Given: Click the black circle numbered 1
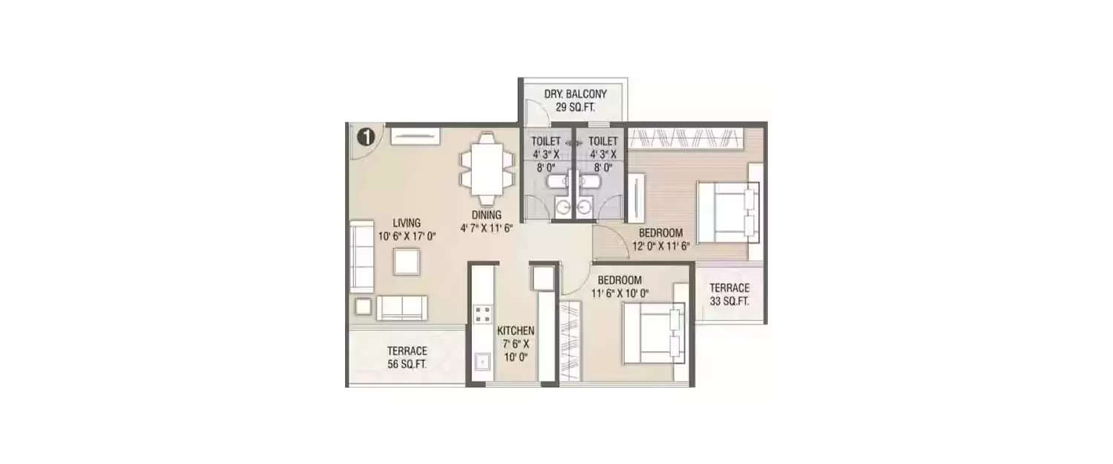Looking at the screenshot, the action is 367,137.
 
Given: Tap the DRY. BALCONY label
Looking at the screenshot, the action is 575,94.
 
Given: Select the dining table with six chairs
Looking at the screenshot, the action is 487,168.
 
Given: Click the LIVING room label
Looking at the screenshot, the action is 407,223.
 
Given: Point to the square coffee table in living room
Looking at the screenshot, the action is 407,261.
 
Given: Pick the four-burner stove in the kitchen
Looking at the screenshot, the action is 482,314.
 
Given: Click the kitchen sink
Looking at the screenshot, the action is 482,362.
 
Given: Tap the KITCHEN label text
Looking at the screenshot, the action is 516,330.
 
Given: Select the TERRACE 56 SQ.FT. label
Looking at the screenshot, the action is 407,358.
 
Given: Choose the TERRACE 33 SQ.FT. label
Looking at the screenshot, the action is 729,295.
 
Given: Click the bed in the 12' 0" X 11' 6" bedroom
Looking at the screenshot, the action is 729,212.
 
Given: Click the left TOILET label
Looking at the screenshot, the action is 546,141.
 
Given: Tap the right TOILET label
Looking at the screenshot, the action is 603,141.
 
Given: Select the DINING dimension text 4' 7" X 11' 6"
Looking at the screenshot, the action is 487,228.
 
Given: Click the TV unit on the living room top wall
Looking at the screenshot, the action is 416,137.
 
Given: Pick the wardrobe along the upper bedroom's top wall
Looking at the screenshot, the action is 686,138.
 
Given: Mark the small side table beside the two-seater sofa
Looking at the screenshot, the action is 364,307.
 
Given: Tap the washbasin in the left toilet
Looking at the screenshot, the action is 563,206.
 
